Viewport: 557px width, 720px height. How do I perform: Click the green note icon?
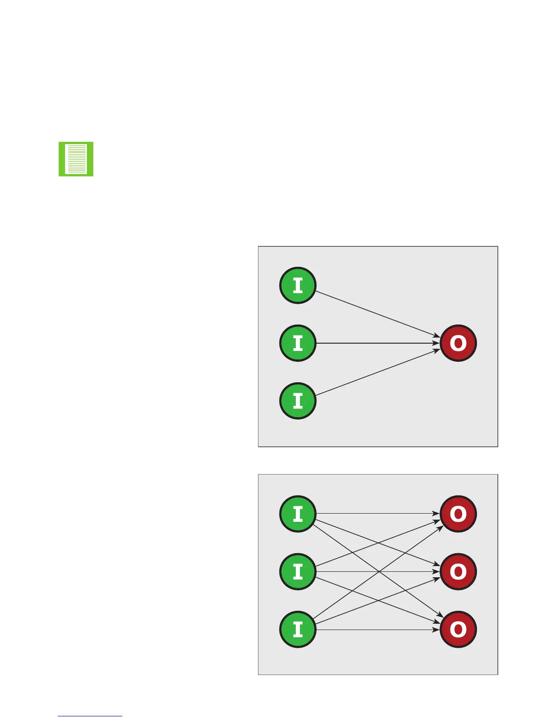coord(76,159)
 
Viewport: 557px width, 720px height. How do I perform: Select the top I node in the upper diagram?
coord(298,285)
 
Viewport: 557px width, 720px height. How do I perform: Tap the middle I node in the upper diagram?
coord(298,343)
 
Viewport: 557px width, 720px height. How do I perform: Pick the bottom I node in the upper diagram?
coord(298,401)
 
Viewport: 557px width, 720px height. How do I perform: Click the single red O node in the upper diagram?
coord(458,343)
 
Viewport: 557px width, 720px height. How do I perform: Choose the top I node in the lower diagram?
coord(298,514)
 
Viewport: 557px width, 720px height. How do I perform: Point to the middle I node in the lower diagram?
coord(298,572)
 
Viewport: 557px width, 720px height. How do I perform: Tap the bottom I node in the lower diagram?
coord(298,630)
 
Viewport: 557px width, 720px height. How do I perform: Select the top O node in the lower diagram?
coord(458,514)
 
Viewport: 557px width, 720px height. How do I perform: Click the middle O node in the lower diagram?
coord(458,572)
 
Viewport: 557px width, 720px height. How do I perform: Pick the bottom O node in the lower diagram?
coord(458,630)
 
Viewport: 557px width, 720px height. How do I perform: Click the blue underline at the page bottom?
coord(90,716)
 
